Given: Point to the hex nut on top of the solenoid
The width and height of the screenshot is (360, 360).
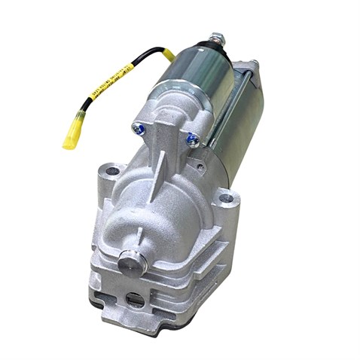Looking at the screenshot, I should (218, 37).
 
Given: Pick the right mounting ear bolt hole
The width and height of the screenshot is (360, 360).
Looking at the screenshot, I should (225, 199).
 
